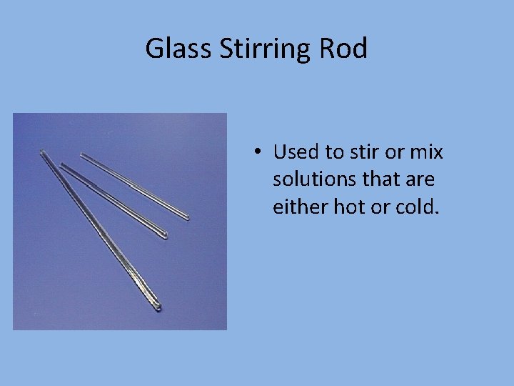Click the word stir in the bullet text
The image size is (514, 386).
[x=357, y=152]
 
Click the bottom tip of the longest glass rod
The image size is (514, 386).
[x=158, y=309]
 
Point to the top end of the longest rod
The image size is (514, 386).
[x=42, y=151]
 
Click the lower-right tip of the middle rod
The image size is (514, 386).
[x=165, y=235]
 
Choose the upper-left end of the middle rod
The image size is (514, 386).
[x=61, y=164]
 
